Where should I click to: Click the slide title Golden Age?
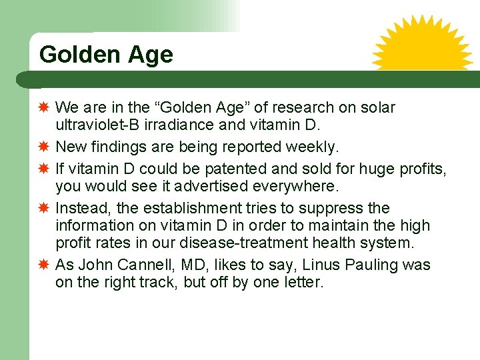106,55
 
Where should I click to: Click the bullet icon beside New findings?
43,146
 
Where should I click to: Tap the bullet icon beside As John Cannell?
43,265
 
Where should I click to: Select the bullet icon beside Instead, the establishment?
43,209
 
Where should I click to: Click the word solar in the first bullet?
377,107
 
